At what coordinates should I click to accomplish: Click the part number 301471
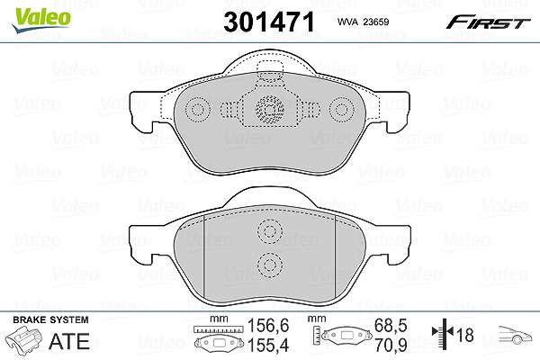click(269, 22)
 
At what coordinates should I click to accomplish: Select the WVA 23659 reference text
click(363, 22)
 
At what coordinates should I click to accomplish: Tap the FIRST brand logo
click(488, 22)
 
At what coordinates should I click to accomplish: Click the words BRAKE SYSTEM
click(50, 319)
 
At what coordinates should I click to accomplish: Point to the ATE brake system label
click(69, 341)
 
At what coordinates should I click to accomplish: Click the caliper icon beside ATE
click(24, 339)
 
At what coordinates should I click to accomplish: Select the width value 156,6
click(268, 325)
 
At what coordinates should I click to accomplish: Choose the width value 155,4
click(268, 345)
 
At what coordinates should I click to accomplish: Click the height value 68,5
click(391, 325)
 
